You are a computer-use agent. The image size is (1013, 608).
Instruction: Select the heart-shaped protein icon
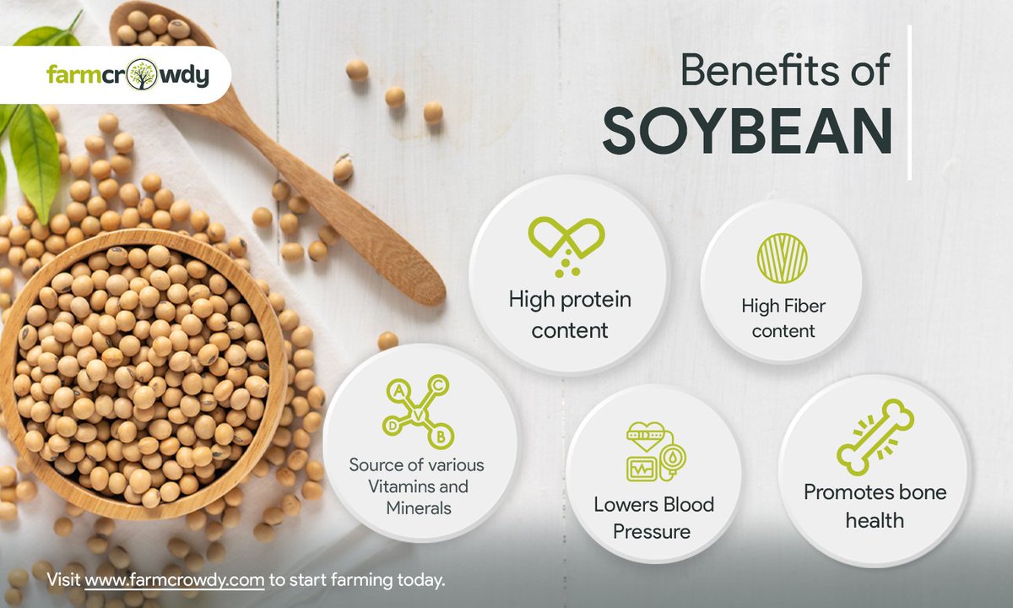click(566, 241)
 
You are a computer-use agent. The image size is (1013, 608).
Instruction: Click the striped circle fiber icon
click(782, 258)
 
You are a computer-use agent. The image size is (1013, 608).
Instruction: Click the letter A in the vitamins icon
click(397, 390)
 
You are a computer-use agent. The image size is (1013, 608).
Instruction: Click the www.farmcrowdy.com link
click(175, 580)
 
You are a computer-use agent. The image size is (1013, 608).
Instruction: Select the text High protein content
click(570, 314)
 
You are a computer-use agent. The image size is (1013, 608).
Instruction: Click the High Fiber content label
click(783, 318)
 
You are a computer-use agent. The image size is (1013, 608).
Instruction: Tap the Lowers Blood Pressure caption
click(653, 518)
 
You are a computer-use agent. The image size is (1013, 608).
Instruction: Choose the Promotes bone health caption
click(875, 506)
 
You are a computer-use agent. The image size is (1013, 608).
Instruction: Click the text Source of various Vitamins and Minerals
click(417, 486)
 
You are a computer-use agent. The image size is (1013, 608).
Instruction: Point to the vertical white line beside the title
click(910, 101)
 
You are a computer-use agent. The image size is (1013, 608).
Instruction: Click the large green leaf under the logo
click(35, 156)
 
